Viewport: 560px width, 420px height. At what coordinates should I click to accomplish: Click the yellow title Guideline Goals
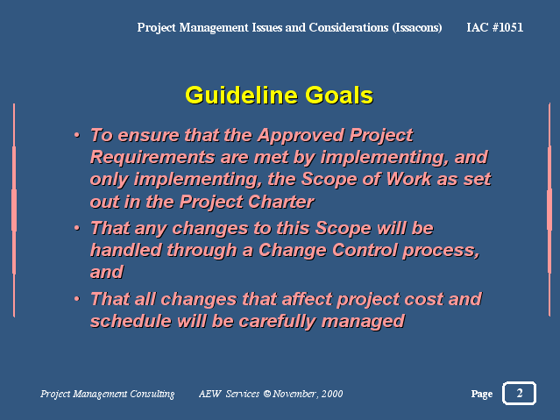[279, 96]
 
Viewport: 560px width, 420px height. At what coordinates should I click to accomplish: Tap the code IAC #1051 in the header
[494, 27]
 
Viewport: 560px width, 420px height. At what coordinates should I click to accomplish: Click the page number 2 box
[520, 393]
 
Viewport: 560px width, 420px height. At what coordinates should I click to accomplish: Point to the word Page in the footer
[481, 394]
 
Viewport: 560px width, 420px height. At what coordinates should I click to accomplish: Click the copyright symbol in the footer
[266, 394]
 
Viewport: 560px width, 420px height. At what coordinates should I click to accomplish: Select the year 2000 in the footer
[332, 394]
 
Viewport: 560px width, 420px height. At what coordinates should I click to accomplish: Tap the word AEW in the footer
[210, 394]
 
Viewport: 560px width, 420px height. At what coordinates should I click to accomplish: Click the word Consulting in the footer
[152, 394]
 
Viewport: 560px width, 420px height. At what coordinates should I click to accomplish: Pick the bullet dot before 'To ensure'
[77, 135]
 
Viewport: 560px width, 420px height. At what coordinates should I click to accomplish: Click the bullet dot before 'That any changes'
[77, 228]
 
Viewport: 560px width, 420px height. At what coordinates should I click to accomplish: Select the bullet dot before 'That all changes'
[77, 298]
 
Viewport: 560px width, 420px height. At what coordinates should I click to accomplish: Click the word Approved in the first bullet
[301, 136]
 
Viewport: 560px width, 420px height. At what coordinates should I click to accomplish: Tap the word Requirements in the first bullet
[152, 158]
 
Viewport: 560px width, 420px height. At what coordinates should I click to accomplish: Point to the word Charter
[281, 202]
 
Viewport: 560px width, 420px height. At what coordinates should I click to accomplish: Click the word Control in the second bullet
[365, 250]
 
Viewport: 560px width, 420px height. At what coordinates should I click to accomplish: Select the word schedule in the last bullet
[131, 321]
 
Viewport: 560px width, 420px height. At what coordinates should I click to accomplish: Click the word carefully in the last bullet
[277, 322]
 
